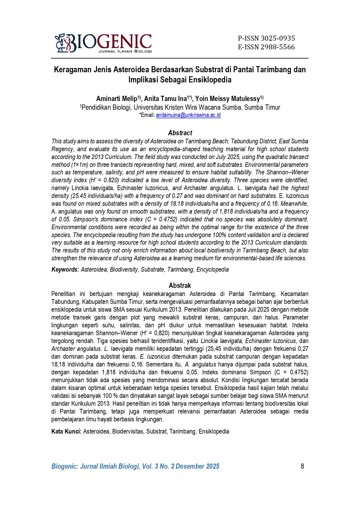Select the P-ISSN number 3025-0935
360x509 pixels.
(x=266, y=38)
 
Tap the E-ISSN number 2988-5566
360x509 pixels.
(x=266, y=47)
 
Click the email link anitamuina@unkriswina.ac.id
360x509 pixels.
(x=188, y=115)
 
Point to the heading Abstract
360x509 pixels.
(x=180, y=133)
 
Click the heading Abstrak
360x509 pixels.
(x=180, y=285)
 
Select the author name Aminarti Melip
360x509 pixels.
(x=117, y=99)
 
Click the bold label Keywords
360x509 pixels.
(x=64, y=270)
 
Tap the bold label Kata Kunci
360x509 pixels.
(x=66, y=432)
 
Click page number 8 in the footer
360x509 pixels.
(x=302, y=466)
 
